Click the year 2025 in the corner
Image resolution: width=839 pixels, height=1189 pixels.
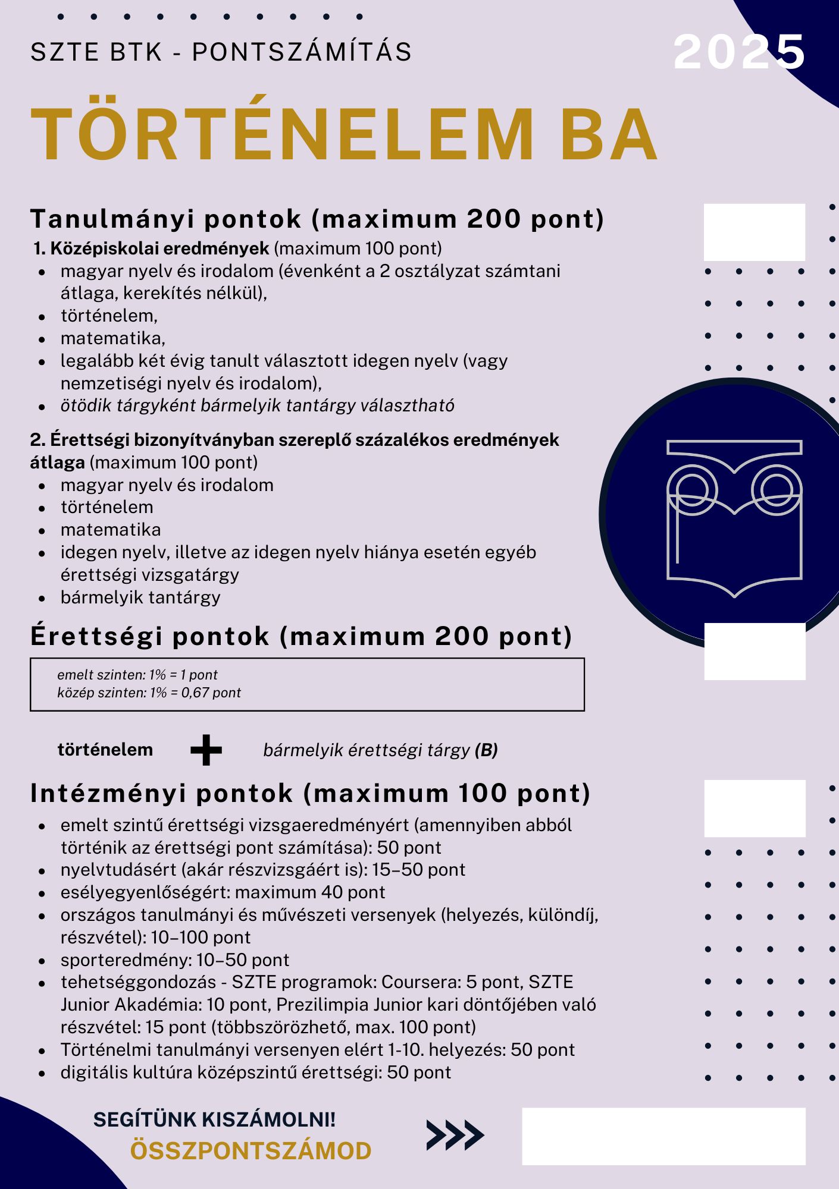tap(739, 52)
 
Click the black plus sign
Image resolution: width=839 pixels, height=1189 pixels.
tap(206, 750)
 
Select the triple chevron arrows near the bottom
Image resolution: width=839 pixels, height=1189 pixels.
tap(455, 1135)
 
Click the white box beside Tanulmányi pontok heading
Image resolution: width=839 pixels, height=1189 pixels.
tap(755, 232)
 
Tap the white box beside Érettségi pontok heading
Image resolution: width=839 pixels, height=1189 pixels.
tap(755, 652)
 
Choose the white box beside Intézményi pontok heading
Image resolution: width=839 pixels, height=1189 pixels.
tap(755, 809)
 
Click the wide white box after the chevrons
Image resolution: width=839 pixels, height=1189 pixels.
tap(663, 1136)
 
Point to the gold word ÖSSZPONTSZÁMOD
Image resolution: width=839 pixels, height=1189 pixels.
tap(251, 1151)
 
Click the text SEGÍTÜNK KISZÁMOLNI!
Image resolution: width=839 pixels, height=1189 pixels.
tap(214, 1119)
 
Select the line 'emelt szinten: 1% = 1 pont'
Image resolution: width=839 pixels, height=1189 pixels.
tap(137, 675)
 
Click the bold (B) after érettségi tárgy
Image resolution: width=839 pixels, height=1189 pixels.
tap(486, 750)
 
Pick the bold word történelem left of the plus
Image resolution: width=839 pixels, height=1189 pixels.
tap(105, 750)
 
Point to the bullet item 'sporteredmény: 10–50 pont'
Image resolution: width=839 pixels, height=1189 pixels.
tap(174, 960)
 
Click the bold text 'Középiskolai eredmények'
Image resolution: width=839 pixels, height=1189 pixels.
tap(159, 249)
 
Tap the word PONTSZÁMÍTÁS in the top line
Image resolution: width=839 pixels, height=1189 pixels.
tap(302, 52)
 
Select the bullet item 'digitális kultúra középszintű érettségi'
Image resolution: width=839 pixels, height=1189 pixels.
tap(256, 1072)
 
